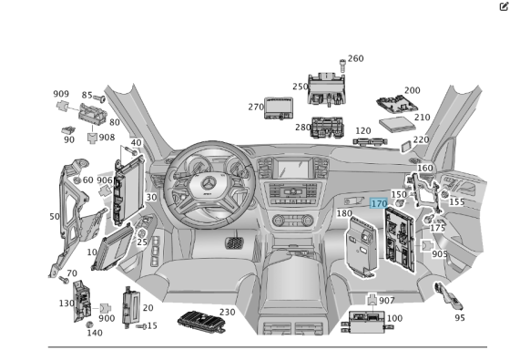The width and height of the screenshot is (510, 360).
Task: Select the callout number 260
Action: point(355,59)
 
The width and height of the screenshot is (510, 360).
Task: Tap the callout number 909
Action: point(61,94)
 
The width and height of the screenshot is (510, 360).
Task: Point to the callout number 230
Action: point(227,312)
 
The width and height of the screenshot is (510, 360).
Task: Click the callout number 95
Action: point(460,317)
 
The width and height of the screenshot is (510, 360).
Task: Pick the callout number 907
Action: point(387,301)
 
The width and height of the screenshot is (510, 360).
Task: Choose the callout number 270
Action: point(256,107)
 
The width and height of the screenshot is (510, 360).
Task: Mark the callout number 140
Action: point(95,334)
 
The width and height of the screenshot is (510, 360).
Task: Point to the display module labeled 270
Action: point(280,108)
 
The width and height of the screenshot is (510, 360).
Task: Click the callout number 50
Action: point(54,217)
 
